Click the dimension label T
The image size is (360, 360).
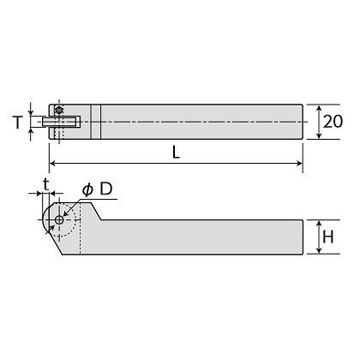coord(18,122)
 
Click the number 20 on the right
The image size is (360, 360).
coord(333,122)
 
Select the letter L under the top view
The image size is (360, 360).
coord(177,152)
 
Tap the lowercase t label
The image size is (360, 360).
coord(45,184)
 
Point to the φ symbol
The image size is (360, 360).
coord(87,189)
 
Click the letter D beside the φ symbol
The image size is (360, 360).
coord(105,189)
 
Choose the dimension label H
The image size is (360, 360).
coord(327,237)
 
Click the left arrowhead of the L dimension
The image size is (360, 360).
coord(52,164)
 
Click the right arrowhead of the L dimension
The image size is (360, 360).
coord(299,164)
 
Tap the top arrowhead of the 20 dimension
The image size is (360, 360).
coord(319,108)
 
